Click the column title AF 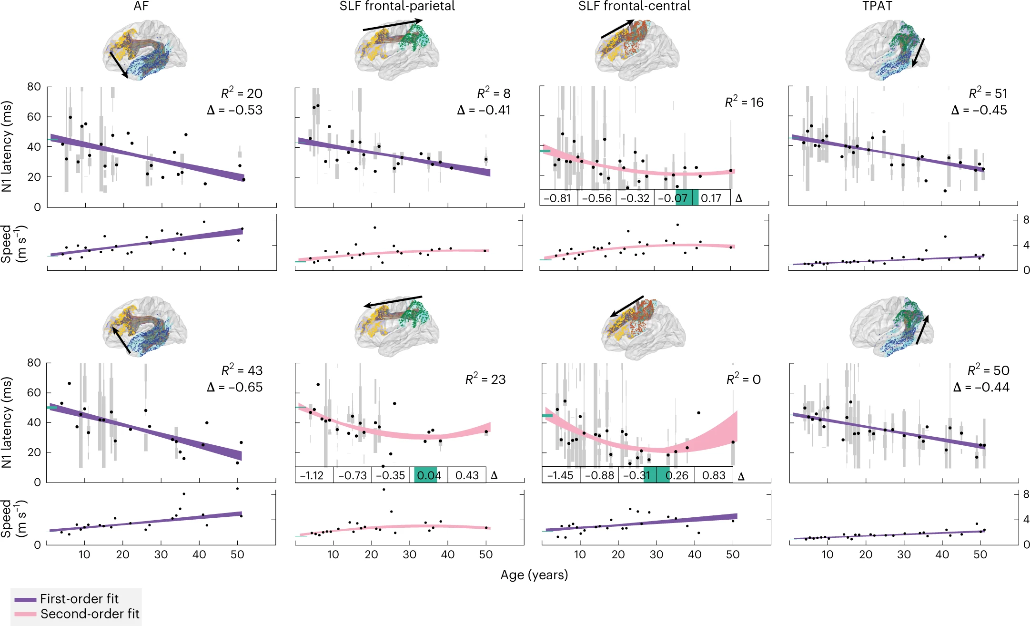[141, 6]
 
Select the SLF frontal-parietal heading [397, 6]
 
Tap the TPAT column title [877, 6]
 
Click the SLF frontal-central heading [634, 6]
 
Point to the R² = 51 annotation [988, 93]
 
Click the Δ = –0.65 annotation [235, 387]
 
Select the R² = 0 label [743, 380]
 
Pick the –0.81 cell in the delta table [557, 198]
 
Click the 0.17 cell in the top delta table [711, 198]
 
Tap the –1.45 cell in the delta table [560, 475]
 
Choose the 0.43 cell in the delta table [467, 475]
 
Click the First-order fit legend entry [79, 599]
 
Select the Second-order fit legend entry [90, 614]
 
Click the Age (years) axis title [534, 575]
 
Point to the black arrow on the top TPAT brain [918, 52]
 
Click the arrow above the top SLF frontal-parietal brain [393, 25]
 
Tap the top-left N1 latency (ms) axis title [7, 146]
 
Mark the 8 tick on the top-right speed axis [1026, 220]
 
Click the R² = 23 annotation [485, 380]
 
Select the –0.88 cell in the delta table [599, 475]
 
